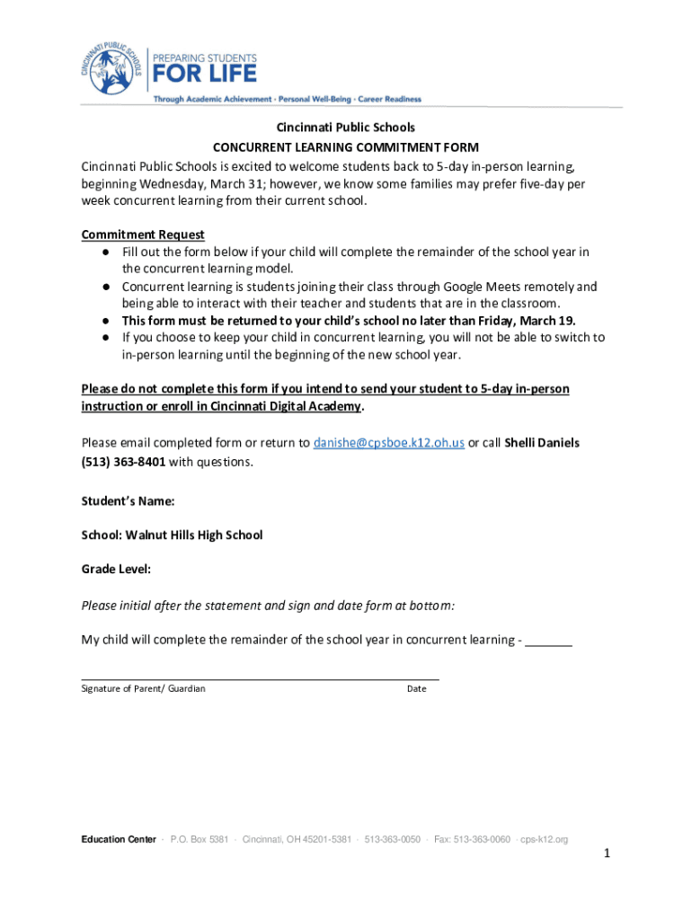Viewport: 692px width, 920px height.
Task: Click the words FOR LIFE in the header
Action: point(205,73)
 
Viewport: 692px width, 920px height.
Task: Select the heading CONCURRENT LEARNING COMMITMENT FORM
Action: point(345,147)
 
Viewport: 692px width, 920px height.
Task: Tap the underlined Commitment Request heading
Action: point(143,234)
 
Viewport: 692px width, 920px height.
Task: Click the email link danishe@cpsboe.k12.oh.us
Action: point(388,443)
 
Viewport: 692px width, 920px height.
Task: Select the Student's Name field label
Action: point(128,500)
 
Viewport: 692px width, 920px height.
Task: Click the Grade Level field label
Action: point(116,569)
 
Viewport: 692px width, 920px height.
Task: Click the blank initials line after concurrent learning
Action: point(548,641)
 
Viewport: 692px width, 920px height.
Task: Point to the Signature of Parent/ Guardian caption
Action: point(143,688)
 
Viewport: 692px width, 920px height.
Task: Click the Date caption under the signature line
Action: point(416,688)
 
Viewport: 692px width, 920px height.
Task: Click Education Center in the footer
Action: point(118,839)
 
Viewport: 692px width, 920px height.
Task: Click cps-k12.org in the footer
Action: point(545,839)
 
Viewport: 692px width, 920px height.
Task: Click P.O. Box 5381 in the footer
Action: point(199,839)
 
